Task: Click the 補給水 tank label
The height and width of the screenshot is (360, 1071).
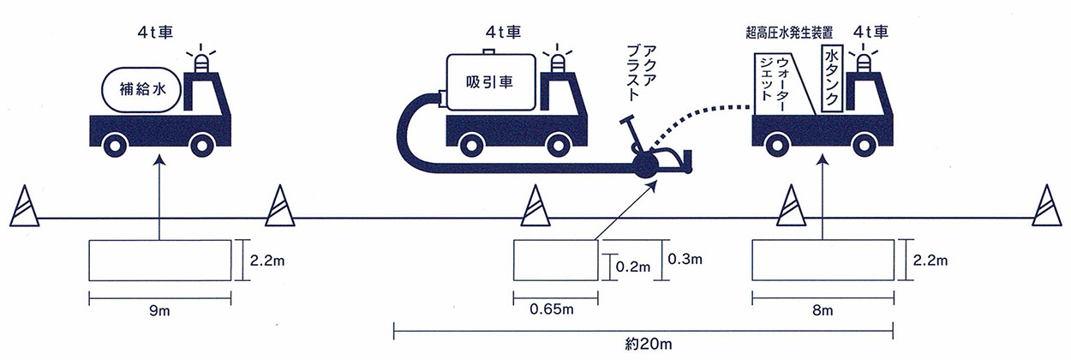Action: (142, 89)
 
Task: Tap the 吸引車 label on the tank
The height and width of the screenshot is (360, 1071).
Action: (489, 81)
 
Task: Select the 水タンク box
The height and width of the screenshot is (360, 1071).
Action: (831, 79)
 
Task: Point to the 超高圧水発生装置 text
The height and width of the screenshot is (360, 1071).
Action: (789, 33)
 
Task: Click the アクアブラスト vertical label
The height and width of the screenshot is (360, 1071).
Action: (641, 73)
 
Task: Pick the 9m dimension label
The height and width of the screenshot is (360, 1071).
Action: (159, 311)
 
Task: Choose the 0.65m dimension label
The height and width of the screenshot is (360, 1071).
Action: (551, 309)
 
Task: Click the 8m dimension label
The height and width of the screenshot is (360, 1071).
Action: (823, 311)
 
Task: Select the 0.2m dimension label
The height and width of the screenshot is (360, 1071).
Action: (632, 267)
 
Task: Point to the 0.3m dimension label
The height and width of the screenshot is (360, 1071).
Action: (685, 259)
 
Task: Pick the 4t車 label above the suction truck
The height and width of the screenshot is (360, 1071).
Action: (503, 32)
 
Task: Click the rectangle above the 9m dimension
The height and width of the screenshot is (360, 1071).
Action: (160, 260)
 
